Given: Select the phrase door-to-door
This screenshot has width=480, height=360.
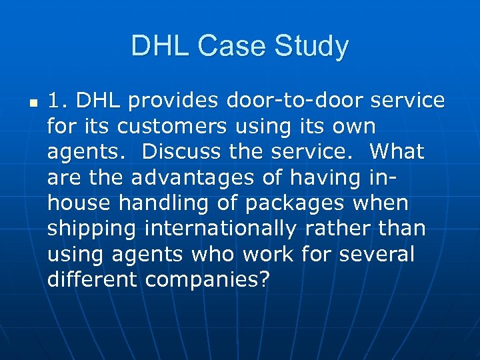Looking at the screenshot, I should click(291, 101).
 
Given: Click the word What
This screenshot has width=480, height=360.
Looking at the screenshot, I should click(397, 151).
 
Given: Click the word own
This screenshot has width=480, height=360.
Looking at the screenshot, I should click(353, 126).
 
